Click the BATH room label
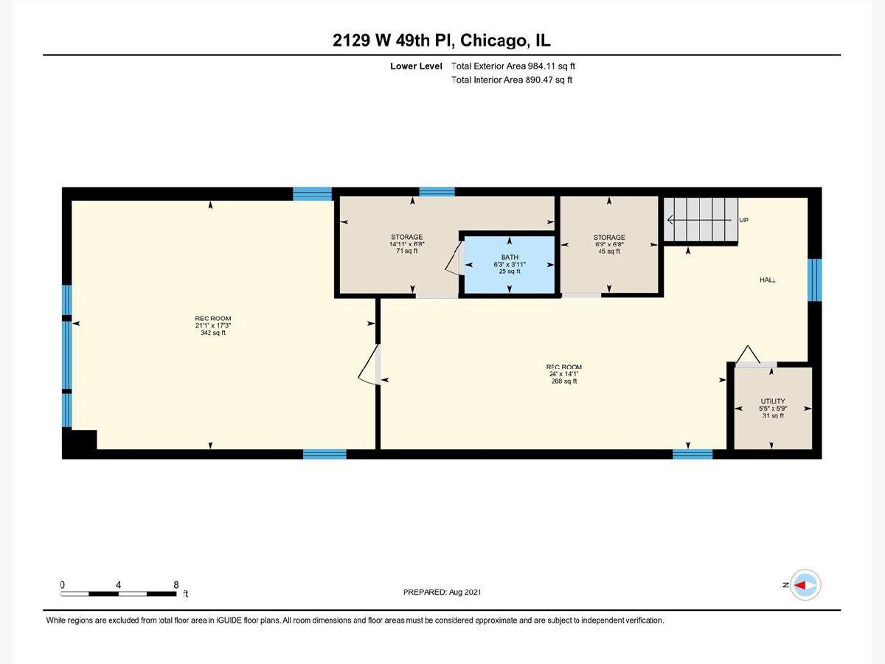(510, 257)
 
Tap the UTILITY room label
(772, 401)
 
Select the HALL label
(767, 280)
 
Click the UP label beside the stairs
(744, 220)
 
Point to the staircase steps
(701, 220)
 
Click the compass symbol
(805, 585)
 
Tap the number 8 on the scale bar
(176, 584)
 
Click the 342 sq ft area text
(213, 333)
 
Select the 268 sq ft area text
(564, 381)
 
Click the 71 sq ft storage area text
(407, 251)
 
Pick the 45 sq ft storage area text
(609, 251)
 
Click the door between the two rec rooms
(369, 364)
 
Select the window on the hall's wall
(814, 280)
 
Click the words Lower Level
(416, 66)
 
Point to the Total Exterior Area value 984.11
(541, 66)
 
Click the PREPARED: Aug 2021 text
(442, 592)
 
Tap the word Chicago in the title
(493, 41)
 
